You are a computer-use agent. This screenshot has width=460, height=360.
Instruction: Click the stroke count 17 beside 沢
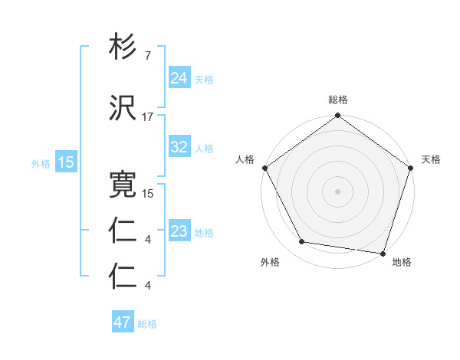click(148, 117)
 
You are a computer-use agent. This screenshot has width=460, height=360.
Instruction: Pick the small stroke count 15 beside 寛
click(149, 194)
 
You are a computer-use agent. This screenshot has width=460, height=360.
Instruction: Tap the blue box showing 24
click(179, 78)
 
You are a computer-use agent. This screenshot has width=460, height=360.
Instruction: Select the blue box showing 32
click(179, 147)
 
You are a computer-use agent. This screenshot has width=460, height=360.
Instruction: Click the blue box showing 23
click(179, 231)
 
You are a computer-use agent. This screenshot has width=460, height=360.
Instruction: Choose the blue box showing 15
click(66, 162)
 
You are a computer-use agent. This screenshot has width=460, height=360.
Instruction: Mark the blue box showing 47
click(123, 322)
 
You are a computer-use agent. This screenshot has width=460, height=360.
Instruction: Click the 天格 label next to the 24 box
click(204, 80)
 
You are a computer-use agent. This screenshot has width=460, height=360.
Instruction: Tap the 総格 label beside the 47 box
click(147, 324)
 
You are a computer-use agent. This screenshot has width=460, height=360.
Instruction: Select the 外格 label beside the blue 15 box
click(41, 163)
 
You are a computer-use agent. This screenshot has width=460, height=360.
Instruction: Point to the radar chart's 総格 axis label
click(338, 100)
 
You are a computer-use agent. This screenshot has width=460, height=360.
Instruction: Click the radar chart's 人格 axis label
click(245, 159)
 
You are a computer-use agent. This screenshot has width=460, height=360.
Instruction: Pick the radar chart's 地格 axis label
click(402, 262)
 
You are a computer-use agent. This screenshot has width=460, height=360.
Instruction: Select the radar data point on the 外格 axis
click(302, 242)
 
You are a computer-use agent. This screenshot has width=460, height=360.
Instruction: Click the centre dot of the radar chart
click(338, 191)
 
